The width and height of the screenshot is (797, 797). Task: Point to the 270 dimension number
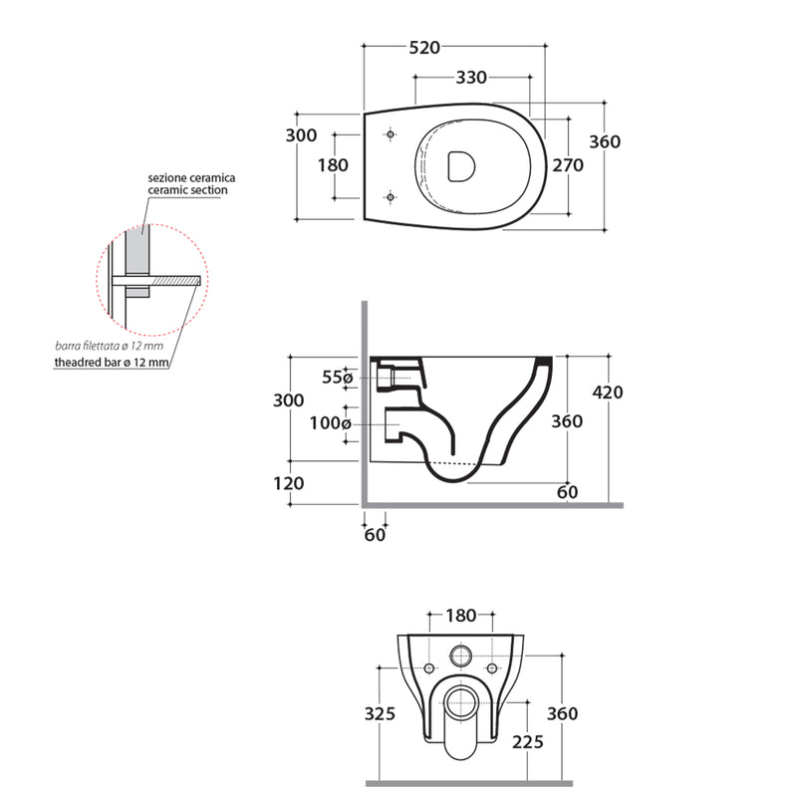[x=567, y=165]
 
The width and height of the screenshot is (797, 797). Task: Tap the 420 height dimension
[x=607, y=393]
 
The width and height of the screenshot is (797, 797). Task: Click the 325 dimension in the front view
[x=380, y=713]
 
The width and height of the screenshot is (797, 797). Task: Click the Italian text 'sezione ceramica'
[x=191, y=177]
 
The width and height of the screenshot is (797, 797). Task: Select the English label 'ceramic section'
[x=187, y=189]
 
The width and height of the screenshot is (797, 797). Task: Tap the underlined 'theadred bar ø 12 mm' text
[x=112, y=363]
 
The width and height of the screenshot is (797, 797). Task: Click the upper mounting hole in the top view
[x=391, y=133]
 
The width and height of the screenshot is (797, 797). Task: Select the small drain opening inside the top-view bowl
[x=460, y=165]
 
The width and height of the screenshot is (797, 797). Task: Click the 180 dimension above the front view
[x=460, y=615]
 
